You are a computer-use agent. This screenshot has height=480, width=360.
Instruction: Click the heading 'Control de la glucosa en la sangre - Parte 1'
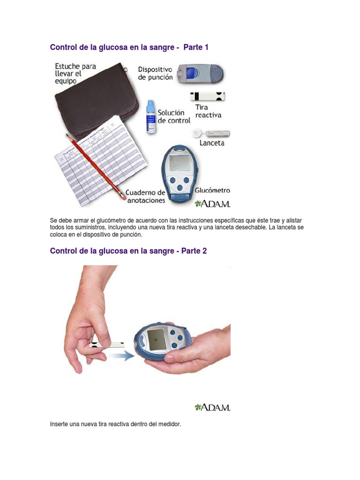point(128,47)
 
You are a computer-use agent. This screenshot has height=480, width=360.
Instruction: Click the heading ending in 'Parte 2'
point(128,251)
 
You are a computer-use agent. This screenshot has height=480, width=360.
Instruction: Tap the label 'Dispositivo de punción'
point(155,74)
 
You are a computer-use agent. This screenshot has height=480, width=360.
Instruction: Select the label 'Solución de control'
point(174,117)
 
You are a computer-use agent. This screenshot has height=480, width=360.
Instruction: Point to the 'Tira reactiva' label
point(208,111)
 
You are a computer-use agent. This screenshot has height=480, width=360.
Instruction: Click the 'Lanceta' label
point(211,143)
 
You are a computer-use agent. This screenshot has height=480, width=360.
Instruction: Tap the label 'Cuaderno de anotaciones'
point(145,196)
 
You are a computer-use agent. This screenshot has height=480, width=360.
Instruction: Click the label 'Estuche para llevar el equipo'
point(75,74)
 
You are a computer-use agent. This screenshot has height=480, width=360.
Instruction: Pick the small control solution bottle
point(150,118)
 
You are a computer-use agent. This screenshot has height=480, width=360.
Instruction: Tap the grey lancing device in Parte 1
point(200,74)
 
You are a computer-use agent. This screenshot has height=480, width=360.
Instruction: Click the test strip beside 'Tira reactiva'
point(208,97)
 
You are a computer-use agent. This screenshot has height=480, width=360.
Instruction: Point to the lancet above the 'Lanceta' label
point(210,134)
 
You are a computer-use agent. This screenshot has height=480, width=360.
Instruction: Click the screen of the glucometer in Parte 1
point(180,163)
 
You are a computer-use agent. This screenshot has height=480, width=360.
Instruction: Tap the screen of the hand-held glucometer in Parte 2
point(156,339)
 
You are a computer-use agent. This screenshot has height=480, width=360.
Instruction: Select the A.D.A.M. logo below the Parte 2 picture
point(212,407)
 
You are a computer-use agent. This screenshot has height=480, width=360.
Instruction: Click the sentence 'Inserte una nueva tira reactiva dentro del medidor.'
point(115,424)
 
